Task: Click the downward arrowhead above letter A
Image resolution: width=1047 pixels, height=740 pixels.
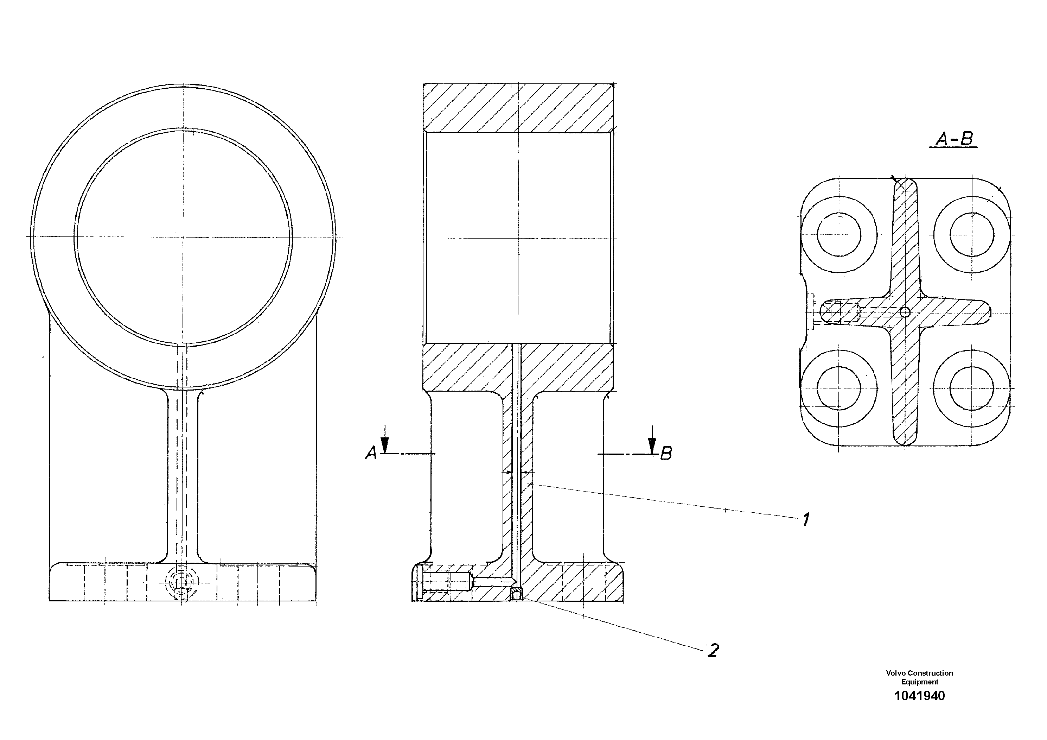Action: pyautogui.click(x=385, y=445)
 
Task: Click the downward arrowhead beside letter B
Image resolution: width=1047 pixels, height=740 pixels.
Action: pyautogui.click(x=652, y=445)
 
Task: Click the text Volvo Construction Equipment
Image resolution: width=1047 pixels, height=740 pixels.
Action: pyautogui.click(x=919, y=677)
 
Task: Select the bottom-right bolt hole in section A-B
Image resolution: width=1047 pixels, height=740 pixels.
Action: pyautogui.click(x=972, y=388)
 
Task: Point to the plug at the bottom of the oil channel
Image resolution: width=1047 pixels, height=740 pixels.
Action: pyautogui.click(x=516, y=594)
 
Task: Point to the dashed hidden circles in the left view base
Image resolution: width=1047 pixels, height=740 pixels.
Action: pyautogui.click(x=183, y=582)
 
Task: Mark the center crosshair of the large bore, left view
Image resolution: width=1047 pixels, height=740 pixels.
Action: pyautogui.click(x=183, y=237)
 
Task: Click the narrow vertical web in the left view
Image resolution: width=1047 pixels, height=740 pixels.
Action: pyautogui.click(x=183, y=474)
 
